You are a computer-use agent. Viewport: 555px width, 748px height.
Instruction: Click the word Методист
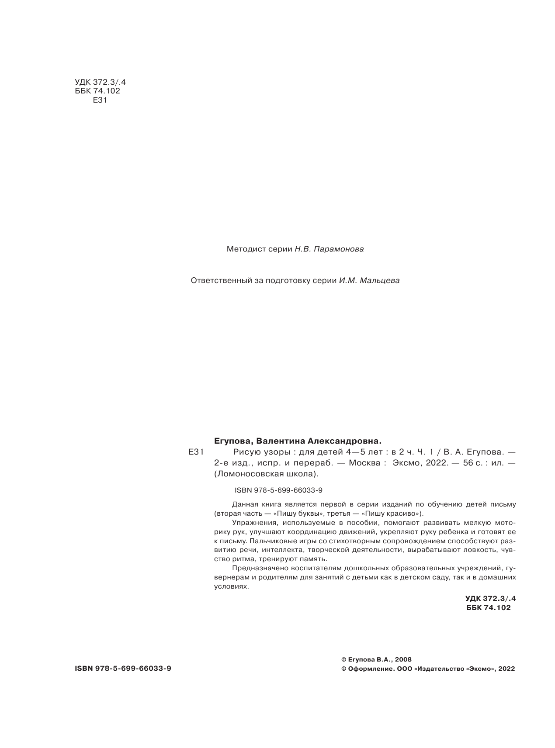(243, 249)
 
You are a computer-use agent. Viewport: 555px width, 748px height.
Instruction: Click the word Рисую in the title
(246, 452)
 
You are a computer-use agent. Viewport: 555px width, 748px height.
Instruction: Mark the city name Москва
(364, 463)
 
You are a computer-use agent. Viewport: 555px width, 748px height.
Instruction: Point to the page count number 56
(468, 463)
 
